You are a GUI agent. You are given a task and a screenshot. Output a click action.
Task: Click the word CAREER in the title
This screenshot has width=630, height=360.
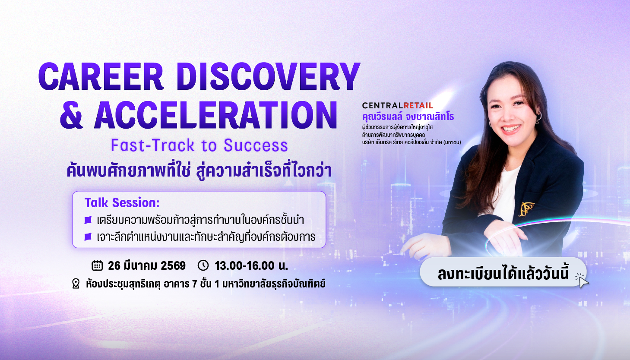point(101,76)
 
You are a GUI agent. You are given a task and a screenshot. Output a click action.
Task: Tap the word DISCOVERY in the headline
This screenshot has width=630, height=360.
point(268,76)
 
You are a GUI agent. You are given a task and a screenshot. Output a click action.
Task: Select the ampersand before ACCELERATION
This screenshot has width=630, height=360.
point(72,115)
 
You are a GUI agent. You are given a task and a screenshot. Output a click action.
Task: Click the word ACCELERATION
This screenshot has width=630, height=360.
point(216,115)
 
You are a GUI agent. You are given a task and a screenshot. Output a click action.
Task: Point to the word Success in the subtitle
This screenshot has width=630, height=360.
point(256,145)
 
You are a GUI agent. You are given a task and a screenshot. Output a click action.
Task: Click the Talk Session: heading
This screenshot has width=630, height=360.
point(122,202)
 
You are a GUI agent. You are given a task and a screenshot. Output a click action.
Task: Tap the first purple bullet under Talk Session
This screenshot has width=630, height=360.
point(88,220)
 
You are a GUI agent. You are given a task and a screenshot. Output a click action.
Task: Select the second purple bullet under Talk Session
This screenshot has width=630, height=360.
point(88,237)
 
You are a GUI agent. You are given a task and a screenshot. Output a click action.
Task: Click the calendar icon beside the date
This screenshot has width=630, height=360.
point(97,265)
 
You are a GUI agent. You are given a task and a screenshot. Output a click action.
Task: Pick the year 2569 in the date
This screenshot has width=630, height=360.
point(173,266)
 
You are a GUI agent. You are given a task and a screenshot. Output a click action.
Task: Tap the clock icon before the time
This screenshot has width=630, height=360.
point(203,265)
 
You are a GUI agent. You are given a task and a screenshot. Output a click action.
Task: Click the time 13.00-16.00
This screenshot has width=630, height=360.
point(244,266)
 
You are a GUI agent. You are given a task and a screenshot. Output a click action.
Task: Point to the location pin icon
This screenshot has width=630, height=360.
point(76,284)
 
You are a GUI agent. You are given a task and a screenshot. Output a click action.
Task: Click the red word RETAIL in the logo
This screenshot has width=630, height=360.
point(418,105)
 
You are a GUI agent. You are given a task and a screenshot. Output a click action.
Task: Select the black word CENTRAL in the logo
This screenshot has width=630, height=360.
point(383,105)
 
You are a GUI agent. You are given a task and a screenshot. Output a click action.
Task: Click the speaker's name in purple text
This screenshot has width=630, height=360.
point(408,117)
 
